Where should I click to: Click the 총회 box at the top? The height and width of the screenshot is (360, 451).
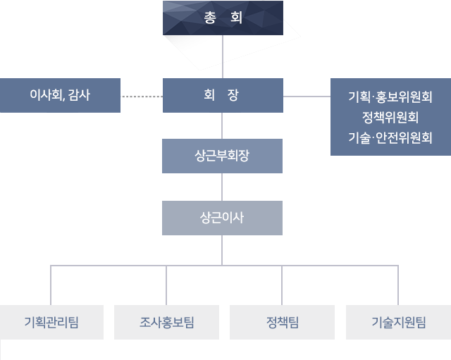[x=223, y=18]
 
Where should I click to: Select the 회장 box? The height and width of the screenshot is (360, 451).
[x=223, y=95]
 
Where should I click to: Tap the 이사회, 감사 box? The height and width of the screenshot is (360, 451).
[x=60, y=95]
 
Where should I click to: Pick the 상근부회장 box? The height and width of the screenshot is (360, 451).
[x=223, y=156]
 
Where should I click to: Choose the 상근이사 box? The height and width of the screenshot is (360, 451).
[x=223, y=218]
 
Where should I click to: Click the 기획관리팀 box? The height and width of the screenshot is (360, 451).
[x=51, y=323]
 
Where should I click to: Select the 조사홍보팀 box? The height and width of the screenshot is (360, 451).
[x=166, y=323]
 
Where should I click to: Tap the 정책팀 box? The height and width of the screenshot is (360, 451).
[x=283, y=323]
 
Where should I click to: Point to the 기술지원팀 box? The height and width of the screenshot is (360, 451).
[x=398, y=323]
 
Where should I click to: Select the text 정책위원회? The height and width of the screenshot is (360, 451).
[x=390, y=117]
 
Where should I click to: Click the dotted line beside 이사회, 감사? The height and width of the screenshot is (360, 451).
[x=142, y=96]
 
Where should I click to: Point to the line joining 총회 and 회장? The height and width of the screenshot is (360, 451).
[x=223, y=56]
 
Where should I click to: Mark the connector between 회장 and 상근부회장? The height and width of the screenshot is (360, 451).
[x=223, y=125]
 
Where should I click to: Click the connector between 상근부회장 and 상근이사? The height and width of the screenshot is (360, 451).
[x=223, y=187]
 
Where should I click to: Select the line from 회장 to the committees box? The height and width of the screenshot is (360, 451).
[x=307, y=96]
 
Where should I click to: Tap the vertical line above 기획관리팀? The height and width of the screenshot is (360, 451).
[x=51, y=285]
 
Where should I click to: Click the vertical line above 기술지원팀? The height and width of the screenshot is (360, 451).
[x=398, y=285]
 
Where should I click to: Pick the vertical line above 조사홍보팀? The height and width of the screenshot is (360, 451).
[x=166, y=285]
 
